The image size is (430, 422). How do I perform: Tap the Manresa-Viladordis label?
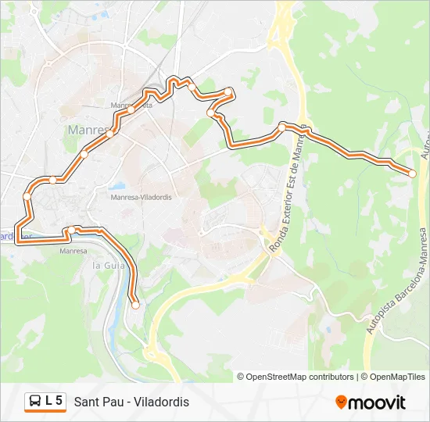click(141, 198)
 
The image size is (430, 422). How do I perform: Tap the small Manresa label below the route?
click(73, 251)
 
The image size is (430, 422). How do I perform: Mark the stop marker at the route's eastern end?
click(413, 173)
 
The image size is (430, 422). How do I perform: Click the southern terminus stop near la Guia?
click(135, 306)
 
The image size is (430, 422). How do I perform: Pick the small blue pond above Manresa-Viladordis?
click(118, 187)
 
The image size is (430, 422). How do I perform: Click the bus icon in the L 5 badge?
click(35, 402)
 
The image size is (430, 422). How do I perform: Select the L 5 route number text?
click(54, 402)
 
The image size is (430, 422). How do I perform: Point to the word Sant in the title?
click(87, 402)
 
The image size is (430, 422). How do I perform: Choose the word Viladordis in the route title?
click(162, 402)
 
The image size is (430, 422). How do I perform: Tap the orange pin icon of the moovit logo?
click(341, 402)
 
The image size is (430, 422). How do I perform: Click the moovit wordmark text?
click(378, 402)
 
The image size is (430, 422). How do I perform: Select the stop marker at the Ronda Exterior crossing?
click(283, 125)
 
